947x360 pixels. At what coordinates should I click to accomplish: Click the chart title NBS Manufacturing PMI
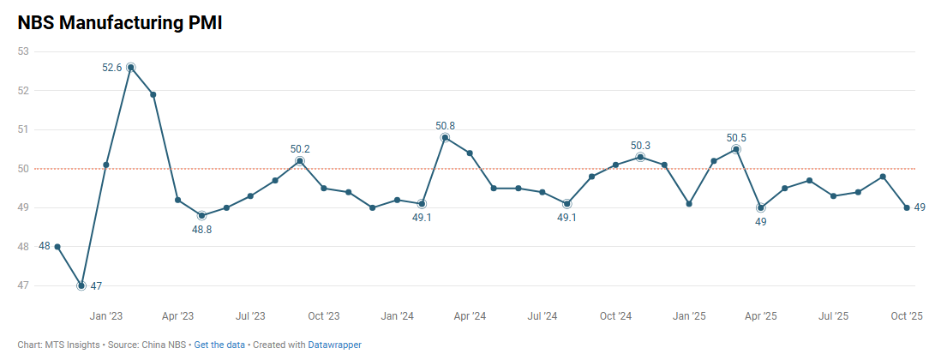pyautogui.click(x=120, y=23)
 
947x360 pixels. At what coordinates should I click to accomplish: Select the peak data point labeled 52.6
pyautogui.click(x=130, y=67)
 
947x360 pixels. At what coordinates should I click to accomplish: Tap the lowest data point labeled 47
pyautogui.click(x=81, y=285)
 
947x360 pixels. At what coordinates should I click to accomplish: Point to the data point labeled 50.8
pyautogui.click(x=445, y=137)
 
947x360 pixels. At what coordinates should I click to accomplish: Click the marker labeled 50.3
pyautogui.click(x=640, y=157)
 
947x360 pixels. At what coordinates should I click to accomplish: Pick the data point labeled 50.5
pyautogui.click(x=736, y=149)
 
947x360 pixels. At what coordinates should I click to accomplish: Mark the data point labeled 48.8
pyautogui.click(x=201, y=215)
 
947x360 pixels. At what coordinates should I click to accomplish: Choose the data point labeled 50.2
pyautogui.click(x=300, y=161)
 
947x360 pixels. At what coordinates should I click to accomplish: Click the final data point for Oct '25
pyautogui.click(x=907, y=207)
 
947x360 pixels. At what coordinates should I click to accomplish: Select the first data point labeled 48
pyautogui.click(x=57, y=247)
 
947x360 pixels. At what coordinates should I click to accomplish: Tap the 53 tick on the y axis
pyautogui.click(x=23, y=51)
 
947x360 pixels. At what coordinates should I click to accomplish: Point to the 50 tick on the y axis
pyautogui.click(x=23, y=169)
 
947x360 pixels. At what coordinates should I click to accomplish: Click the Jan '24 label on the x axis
pyautogui.click(x=397, y=316)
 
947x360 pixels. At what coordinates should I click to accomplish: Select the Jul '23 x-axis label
pyautogui.click(x=250, y=316)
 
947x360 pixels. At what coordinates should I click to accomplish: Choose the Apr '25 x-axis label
pyautogui.click(x=761, y=316)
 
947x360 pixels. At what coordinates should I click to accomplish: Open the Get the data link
pyautogui.click(x=219, y=345)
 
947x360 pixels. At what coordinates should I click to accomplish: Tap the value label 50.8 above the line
pyautogui.click(x=445, y=126)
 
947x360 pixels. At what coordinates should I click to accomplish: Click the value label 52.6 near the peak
pyautogui.click(x=112, y=68)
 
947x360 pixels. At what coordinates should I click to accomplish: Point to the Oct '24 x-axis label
pyautogui.click(x=616, y=316)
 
